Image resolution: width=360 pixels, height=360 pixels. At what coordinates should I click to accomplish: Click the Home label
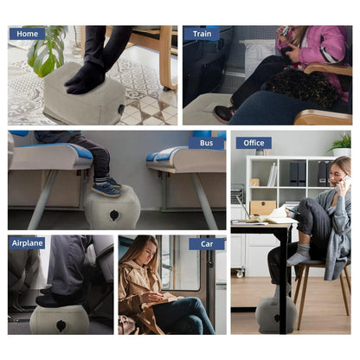tap(27, 34)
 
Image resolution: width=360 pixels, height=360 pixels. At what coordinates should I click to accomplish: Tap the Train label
tap(202, 34)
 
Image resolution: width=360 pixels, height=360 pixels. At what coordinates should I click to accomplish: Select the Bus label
tap(207, 143)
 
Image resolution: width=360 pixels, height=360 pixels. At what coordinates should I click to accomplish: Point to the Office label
tap(254, 143)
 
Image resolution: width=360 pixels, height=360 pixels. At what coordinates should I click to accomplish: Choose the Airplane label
tap(27, 243)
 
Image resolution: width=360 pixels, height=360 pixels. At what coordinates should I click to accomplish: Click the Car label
tap(207, 244)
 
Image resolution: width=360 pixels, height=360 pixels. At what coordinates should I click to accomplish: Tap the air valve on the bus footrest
tap(114, 215)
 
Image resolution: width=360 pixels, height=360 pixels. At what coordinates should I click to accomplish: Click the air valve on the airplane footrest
tap(61, 325)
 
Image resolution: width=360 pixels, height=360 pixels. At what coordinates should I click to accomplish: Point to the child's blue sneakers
tap(106, 188)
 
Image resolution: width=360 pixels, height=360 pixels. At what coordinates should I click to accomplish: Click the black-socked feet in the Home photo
tap(86, 77)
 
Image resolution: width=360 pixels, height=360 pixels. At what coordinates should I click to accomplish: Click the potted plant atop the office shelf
tap(341, 145)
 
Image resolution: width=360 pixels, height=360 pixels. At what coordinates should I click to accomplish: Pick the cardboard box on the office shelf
tap(262, 208)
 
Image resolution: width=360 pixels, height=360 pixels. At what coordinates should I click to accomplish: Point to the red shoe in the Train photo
tap(223, 114)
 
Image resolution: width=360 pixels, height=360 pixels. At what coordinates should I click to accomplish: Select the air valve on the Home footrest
tap(121, 109)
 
